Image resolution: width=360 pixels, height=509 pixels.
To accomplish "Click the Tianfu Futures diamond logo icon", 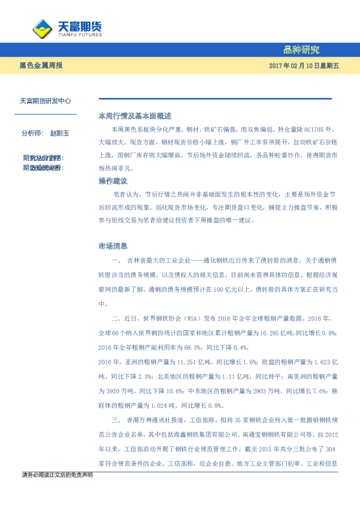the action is tap(42, 28).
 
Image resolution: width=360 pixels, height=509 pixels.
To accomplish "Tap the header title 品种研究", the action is tap(301, 50).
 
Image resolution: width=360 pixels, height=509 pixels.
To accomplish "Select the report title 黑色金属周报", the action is tap(41, 65).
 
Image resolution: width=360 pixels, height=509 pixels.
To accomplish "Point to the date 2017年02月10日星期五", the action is tap(304, 65).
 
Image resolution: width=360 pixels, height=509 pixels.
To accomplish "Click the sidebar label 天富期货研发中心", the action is tap(45, 102).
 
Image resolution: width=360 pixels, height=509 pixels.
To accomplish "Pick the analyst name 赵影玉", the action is tap(60, 132).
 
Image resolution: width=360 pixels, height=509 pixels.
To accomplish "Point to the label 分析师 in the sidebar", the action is tap(31, 132).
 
